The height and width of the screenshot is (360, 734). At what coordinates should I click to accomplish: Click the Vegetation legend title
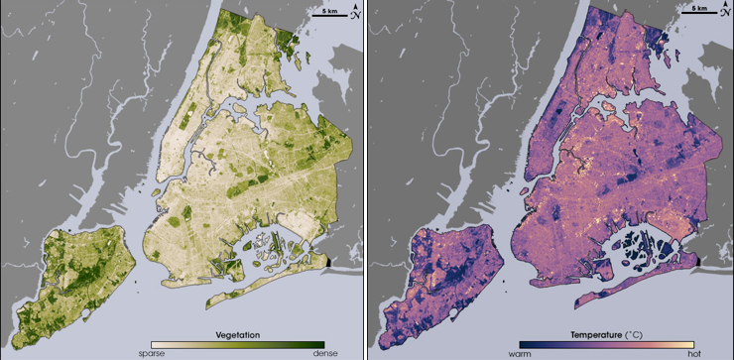237,335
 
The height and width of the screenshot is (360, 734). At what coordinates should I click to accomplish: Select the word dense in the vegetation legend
312,353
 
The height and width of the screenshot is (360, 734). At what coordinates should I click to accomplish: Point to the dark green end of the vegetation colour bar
319,344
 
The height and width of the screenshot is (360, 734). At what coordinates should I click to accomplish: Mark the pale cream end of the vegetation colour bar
155,344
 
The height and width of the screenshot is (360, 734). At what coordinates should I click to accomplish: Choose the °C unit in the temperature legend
633,335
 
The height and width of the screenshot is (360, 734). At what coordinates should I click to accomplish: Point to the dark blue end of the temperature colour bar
523,344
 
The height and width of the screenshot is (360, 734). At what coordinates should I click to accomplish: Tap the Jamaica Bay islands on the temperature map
635,243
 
